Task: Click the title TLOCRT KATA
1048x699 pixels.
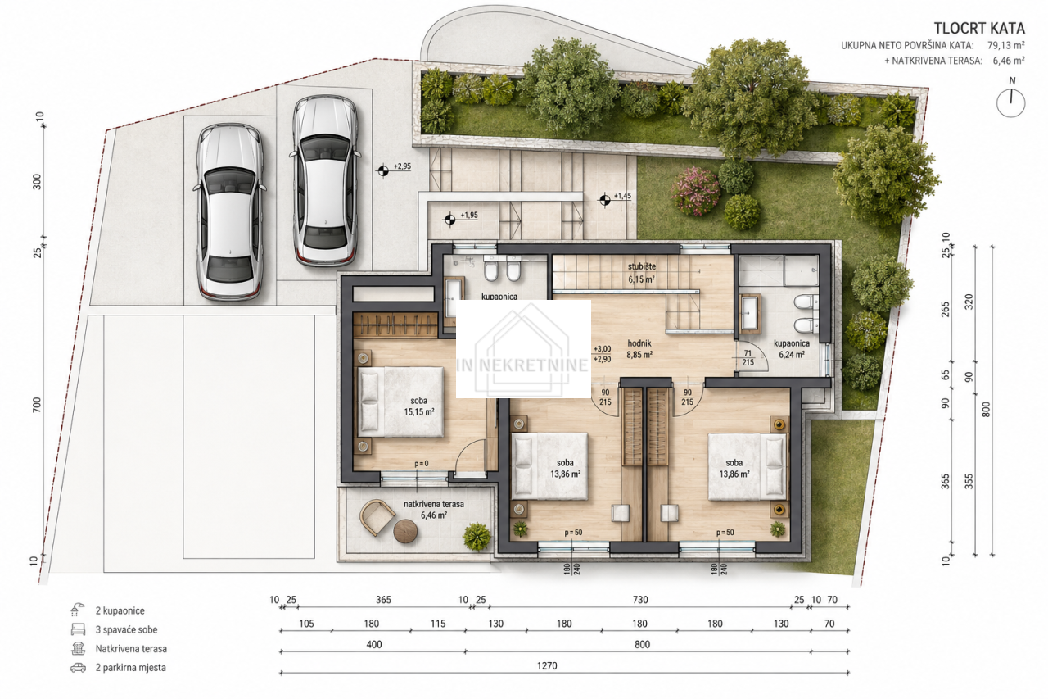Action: pos(979,29)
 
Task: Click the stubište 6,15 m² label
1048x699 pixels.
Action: pos(641,273)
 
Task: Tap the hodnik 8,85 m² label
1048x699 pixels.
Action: pos(639,349)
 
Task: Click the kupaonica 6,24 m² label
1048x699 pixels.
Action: pos(792,349)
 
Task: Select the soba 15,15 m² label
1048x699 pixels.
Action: pos(419,406)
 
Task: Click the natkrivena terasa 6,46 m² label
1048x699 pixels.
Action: pos(434,510)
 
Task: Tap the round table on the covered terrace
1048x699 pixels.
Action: pos(405,531)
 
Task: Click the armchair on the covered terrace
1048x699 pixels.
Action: pos(377,517)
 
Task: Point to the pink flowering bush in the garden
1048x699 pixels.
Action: pos(695,191)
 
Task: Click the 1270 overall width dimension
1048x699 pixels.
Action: pos(547,665)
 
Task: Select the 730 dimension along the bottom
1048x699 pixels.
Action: pos(640,600)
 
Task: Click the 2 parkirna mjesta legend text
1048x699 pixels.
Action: pos(130,668)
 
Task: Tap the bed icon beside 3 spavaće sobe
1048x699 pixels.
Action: pos(78,629)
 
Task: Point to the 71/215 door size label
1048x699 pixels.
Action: pos(748,357)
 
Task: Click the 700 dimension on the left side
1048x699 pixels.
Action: pos(37,405)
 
